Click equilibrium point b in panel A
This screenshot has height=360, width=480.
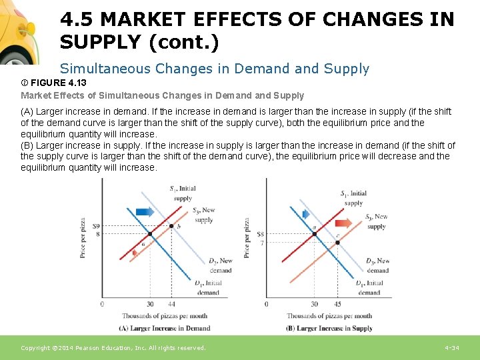pos(171,227)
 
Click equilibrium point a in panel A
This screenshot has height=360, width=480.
pos(150,235)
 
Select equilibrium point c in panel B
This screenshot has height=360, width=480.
pos(337,242)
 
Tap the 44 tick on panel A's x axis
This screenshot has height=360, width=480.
pos(171,304)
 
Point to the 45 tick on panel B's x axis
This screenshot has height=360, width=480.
pos(337,304)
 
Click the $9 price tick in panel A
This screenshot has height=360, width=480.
pos(97,227)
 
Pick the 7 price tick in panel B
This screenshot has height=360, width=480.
pos(261,243)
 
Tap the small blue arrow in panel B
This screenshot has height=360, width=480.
pos(306,215)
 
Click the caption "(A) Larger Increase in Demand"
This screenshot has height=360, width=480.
pos(164,328)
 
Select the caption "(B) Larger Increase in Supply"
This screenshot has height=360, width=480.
pos(329,328)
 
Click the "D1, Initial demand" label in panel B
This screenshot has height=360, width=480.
pos(369,287)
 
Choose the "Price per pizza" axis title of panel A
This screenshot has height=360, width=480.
pos(83,237)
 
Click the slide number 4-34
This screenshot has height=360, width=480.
pos(451,348)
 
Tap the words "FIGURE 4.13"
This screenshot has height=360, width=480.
pos(57,83)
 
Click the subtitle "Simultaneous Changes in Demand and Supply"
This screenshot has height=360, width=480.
pos(214,68)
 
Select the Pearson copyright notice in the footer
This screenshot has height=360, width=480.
pos(113,348)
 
